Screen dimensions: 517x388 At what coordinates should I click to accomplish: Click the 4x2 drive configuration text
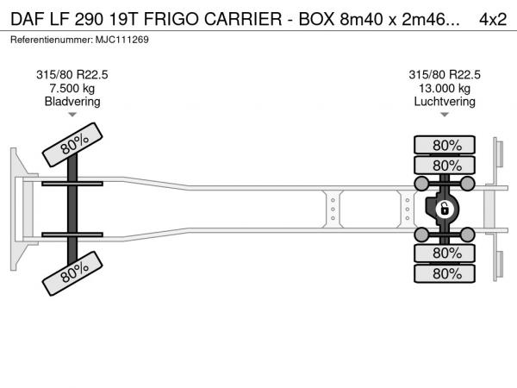[x=493, y=19]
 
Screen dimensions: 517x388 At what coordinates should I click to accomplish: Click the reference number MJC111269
[x=122, y=40]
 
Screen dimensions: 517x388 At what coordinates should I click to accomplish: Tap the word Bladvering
[x=72, y=101]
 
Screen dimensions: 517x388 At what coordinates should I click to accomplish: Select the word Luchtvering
[x=445, y=101]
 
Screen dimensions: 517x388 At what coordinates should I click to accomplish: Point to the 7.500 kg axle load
[x=72, y=88]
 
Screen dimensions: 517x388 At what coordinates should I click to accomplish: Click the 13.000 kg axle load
[x=445, y=88]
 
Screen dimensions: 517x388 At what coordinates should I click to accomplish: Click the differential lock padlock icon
[x=444, y=209]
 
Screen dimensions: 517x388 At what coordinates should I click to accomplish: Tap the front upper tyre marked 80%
[x=72, y=145]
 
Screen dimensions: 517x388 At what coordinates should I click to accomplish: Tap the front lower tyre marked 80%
[x=72, y=273]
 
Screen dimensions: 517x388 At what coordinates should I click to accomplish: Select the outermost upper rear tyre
[x=445, y=145]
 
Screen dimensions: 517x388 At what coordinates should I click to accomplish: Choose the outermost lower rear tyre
[x=445, y=273]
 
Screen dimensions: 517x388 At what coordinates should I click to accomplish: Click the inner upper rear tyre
[x=445, y=165]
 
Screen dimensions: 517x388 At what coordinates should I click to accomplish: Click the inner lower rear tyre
[x=445, y=253]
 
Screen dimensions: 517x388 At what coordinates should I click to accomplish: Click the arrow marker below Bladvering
[x=72, y=115]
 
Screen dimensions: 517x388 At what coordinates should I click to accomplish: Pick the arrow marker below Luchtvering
[x=445, y=115]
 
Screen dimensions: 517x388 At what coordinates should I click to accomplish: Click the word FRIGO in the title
[x=171, y=19]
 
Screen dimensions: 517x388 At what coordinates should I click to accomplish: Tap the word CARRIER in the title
[x=243, y=19]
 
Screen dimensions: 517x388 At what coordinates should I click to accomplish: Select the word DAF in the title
[x=28, y=19]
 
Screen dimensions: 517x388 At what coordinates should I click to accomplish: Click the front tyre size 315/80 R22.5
[x=72, y=75]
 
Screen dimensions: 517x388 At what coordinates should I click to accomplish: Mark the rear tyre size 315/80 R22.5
[x=445, y=75]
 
